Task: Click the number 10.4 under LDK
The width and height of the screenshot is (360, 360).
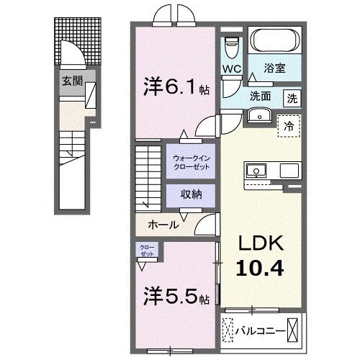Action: [257, 269]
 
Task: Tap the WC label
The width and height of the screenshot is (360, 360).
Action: [231, 69]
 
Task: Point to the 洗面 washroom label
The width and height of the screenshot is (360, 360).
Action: [260, 96]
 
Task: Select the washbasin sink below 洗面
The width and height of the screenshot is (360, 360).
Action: [257, 116]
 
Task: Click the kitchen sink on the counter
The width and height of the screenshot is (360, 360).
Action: [257, 171]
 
